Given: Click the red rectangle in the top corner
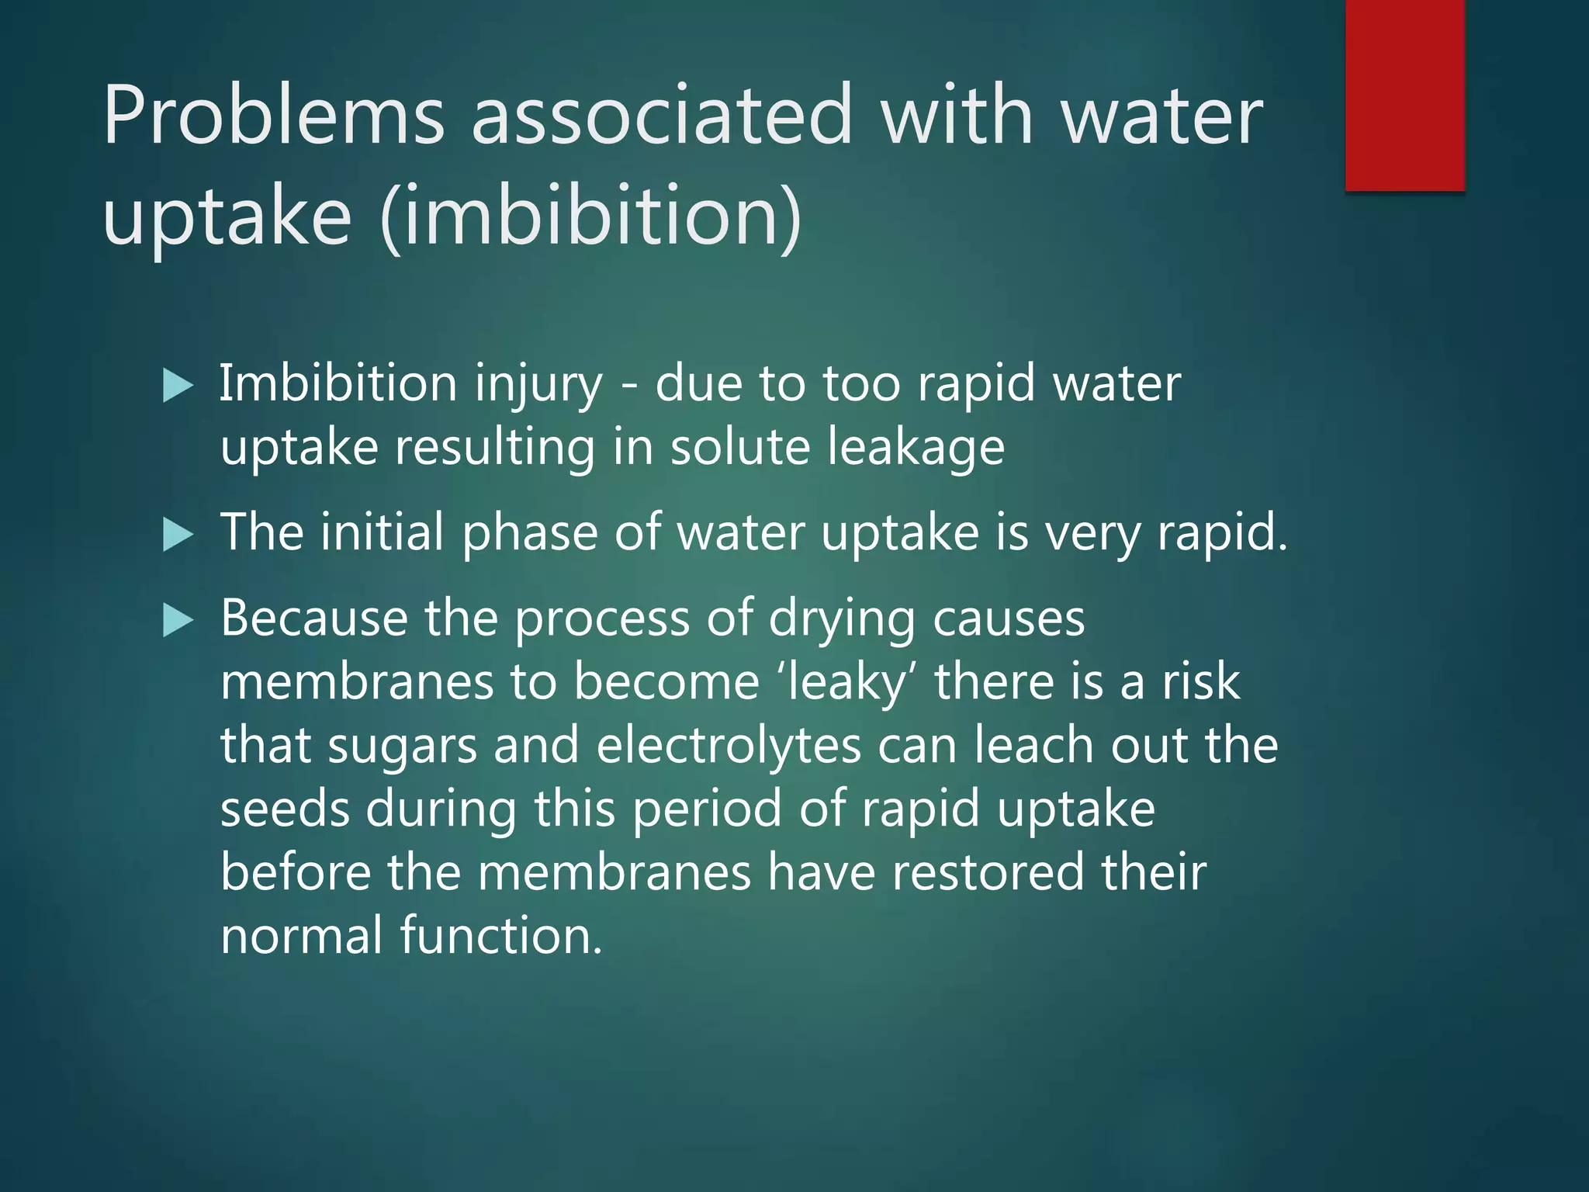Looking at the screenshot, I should [x=1404, y=95].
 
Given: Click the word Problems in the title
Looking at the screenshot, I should [x=273, y=116].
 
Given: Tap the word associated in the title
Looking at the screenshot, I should [x=661, y=116].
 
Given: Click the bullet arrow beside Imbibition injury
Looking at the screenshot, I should [x=178, y=386].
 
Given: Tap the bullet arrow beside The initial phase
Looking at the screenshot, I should [x=178, y=535].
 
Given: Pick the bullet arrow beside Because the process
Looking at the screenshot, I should [x=178, y=621].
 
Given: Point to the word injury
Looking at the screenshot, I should [x=538, y=386].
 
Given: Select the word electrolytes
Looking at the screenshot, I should [x=729, y=747].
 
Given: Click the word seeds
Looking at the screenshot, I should [x=285, y=809].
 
